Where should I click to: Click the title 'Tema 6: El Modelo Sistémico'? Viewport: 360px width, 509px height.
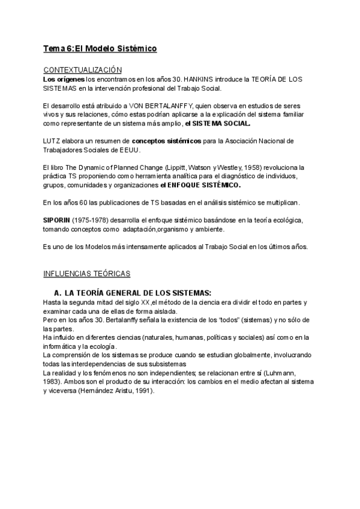point(100,48)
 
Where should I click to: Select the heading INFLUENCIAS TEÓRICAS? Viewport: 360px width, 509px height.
point(87,274)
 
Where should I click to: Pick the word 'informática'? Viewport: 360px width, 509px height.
point(63,346)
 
